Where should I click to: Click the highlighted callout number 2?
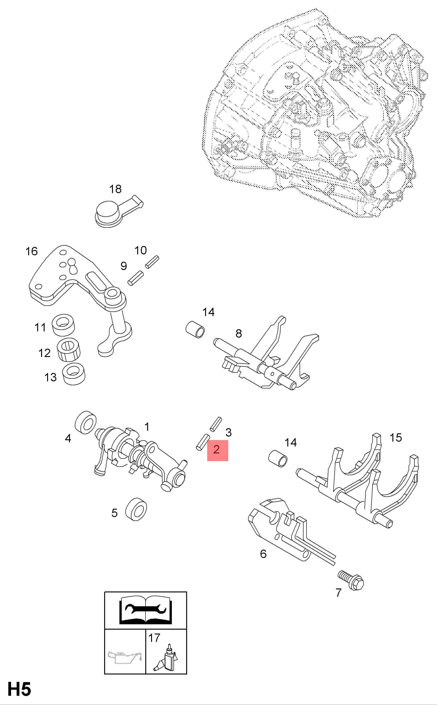point(217,450)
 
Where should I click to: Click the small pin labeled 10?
point(152,262)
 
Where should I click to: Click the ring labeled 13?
point(74,374)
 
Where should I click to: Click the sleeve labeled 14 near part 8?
point(195,329)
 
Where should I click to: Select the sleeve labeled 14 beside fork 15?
point(278,458)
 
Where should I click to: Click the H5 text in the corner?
point(19,690)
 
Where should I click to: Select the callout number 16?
point(31,251)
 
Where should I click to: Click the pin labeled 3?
point(215,424)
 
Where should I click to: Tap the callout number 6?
point(263,554)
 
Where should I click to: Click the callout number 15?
point(396,437)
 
